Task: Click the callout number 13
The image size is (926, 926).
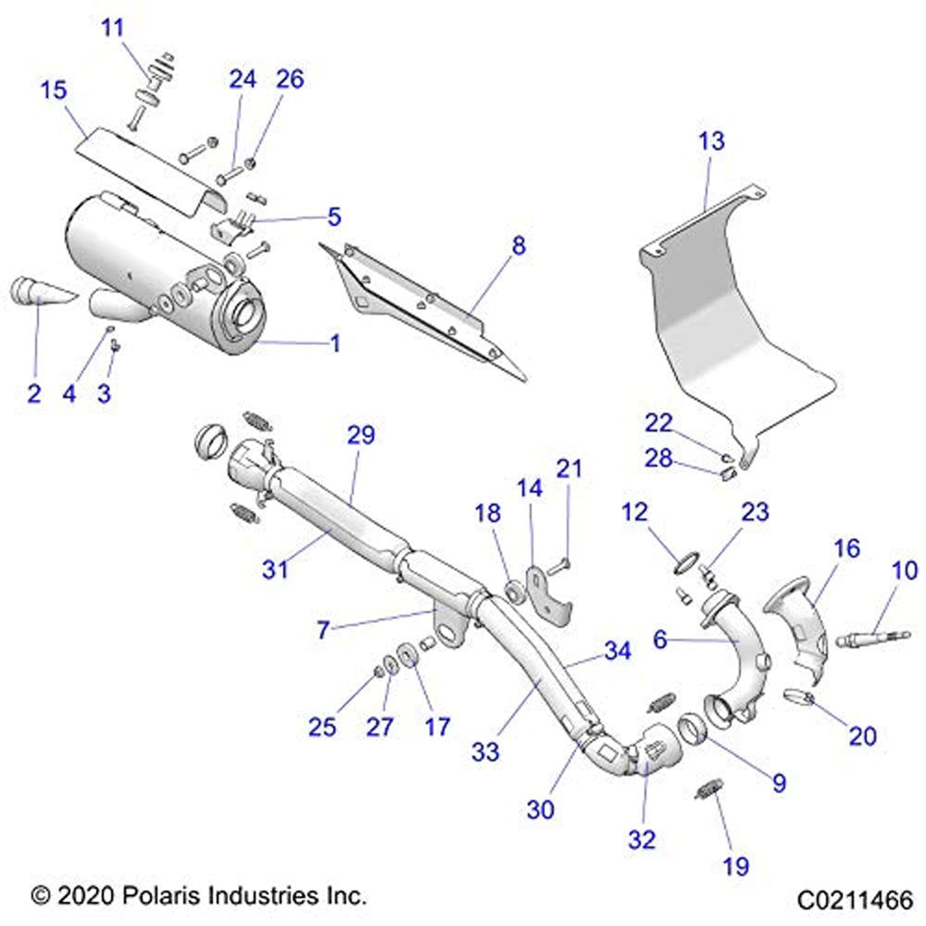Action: [711, 142]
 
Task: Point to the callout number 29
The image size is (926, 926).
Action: [360, 435]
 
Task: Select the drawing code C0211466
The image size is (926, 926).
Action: [855, 898]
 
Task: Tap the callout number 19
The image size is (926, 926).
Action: [736, 866]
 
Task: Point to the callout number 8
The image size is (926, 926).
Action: [518, 246]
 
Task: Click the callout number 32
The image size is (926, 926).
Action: [641, 840]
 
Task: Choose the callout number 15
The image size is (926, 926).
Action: [53, 91]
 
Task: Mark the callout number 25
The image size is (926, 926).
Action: [322, 727]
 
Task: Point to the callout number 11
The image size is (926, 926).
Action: [112, 27]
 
